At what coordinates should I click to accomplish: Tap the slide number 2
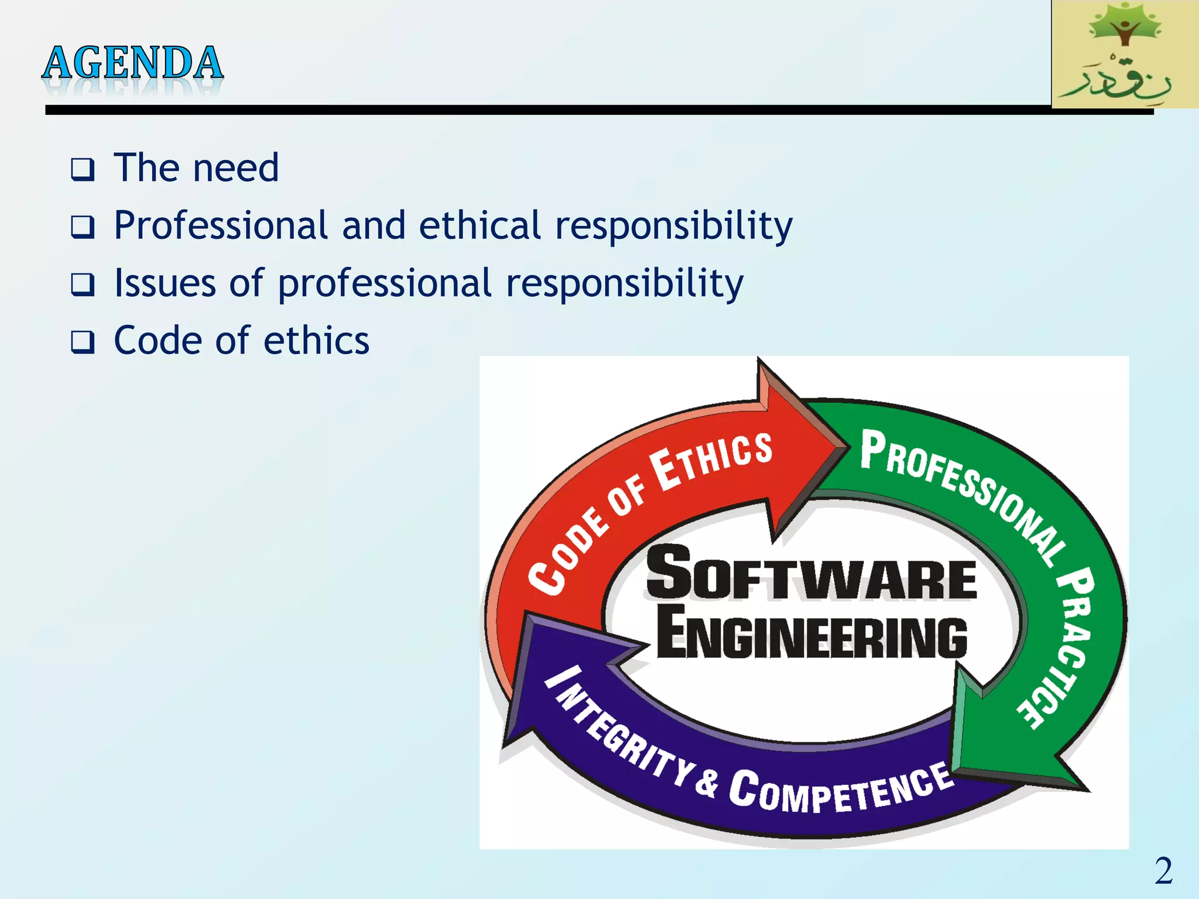point(1163,871)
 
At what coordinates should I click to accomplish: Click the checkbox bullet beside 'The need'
point(83,170)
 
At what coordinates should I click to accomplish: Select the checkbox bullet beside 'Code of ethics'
point(83,342)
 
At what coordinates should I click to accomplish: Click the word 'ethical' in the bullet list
point(480,226)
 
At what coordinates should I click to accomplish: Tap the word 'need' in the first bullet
point(236,169)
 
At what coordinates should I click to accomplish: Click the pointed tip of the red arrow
point(845,447)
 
